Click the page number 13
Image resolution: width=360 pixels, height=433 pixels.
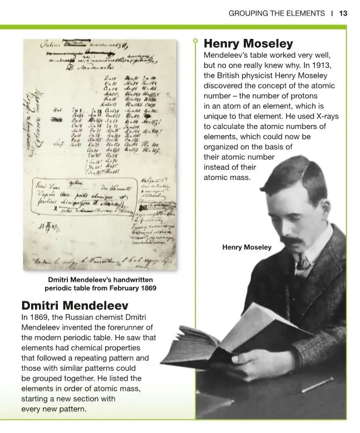(343, 13)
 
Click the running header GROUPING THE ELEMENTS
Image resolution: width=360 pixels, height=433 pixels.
(277, 13)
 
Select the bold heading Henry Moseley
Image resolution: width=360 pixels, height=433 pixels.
(248, 43)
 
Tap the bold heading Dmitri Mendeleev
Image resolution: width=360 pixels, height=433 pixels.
(75, 306)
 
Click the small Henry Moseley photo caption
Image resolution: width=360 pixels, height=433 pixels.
(246, 247)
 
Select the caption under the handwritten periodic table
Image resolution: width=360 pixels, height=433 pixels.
(100, 284)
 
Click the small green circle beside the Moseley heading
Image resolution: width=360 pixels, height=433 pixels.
(195, 41)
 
